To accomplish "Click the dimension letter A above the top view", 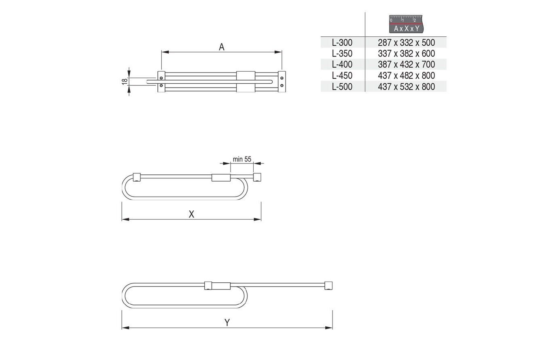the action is [222, 47].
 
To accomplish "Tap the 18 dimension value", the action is [125, 81].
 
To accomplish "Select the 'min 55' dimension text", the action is [242, 159].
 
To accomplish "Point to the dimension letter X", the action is [191, 214].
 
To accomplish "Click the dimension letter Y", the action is [227, 322].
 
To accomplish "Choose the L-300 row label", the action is [342, 43].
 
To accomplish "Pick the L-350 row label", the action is [342, 53].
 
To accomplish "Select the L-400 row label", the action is [342, 64].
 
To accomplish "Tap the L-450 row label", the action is [342, 76].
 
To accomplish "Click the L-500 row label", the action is [342, 87].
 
